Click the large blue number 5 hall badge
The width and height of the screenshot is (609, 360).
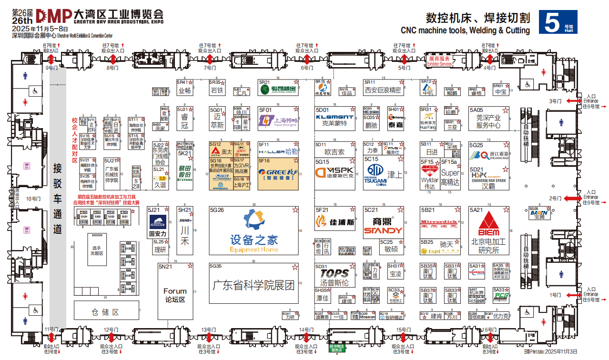[551, 22]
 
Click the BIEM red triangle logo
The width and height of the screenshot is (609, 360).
[488, 224]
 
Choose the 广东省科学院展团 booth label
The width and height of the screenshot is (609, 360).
[254, 285]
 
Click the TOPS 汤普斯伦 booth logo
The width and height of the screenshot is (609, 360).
[335, 273]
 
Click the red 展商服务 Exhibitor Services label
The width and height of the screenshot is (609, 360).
[439, 61]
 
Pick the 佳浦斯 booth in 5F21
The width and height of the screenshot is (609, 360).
[335, 222]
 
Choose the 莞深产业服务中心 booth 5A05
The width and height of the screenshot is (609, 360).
[488, 121]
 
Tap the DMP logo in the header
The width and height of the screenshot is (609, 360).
[54, 16]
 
